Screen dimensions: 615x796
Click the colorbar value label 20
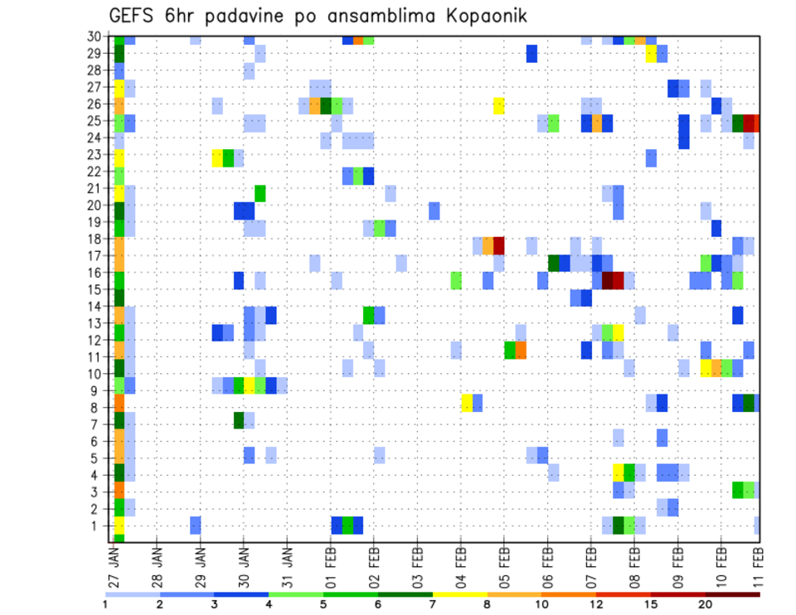(706, 604)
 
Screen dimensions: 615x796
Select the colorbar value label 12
(597, 604)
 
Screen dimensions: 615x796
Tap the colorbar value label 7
(433, 604)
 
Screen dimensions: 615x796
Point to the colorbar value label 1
(105, 604)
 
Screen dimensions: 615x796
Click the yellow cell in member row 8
(467, 403)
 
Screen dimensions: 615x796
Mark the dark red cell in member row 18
(499, 245)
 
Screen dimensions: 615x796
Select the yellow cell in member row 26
(499, 105)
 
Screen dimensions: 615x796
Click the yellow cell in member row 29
(651, 54)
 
